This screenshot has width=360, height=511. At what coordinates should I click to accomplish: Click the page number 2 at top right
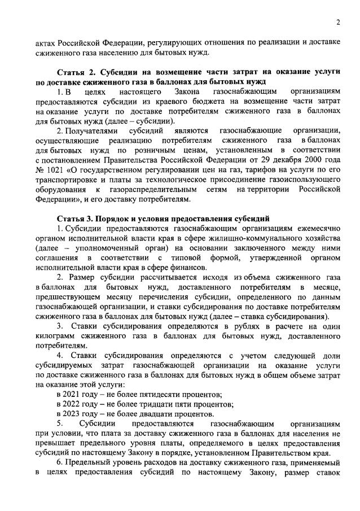click(x=337, y=22)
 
